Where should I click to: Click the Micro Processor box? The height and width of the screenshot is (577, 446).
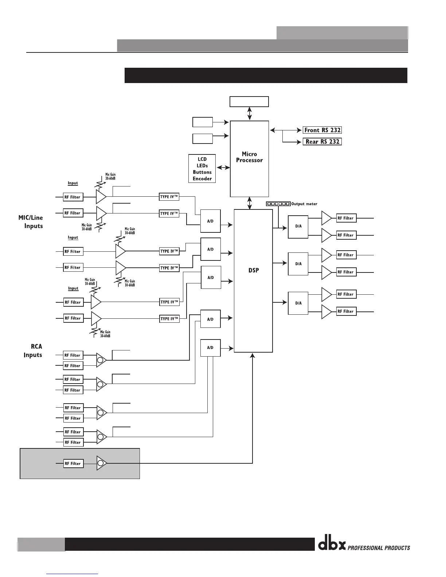(x=249, y=158)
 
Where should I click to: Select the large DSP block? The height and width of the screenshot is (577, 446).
(x=253, y=280)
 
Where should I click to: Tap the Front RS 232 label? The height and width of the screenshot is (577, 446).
(x=322, y=130)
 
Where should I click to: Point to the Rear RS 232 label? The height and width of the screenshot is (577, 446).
(x=322, y=141)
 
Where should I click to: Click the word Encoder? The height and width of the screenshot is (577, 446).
(x=202, y=178)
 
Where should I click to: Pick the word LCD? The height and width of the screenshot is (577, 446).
(x=202, y=159)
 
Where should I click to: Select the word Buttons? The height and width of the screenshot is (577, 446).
(x=202, y=172)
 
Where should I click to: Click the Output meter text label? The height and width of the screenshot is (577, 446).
(x=304, y=204)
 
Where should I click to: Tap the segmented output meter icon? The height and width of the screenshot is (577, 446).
(x=278, y=204)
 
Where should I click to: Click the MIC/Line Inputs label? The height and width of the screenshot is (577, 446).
(x=31, y=222)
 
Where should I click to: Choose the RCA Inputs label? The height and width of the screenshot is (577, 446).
(x=34, y=351)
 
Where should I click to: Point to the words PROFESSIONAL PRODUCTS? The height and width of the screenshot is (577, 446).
(x=379, y=548)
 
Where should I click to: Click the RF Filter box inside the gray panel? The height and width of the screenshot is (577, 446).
(x=73, y=463)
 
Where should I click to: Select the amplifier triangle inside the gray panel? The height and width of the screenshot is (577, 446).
(x=102, y=463)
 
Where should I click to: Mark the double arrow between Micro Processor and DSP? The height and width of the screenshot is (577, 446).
(x=250, y=203)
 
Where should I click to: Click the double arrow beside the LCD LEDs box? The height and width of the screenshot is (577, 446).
(x=223, y=168)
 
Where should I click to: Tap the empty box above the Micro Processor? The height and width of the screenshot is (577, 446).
(x=249, y=102)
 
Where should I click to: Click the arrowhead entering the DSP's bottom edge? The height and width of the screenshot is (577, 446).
(x=253, y=356)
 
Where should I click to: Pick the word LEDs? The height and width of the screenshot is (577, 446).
(x=202, y=166)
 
